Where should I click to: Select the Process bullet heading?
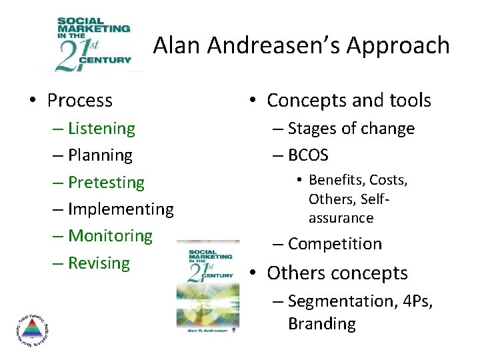tap(79, 101)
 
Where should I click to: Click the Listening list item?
tap(101, 128)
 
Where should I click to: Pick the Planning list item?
tap(100, 155)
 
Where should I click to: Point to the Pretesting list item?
tap(106, 182)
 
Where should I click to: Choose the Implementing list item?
tap(121, 209)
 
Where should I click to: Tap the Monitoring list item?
tap(110, 235)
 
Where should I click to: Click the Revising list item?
tap(99, 263)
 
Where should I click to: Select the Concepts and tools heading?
tap(349, 101)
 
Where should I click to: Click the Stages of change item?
tap(351, 128)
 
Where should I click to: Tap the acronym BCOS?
tap(308, 155)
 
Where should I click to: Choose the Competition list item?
tap(335, 244)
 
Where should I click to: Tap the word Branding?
tap(322, 324)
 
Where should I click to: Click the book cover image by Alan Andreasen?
tap(207, 285)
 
